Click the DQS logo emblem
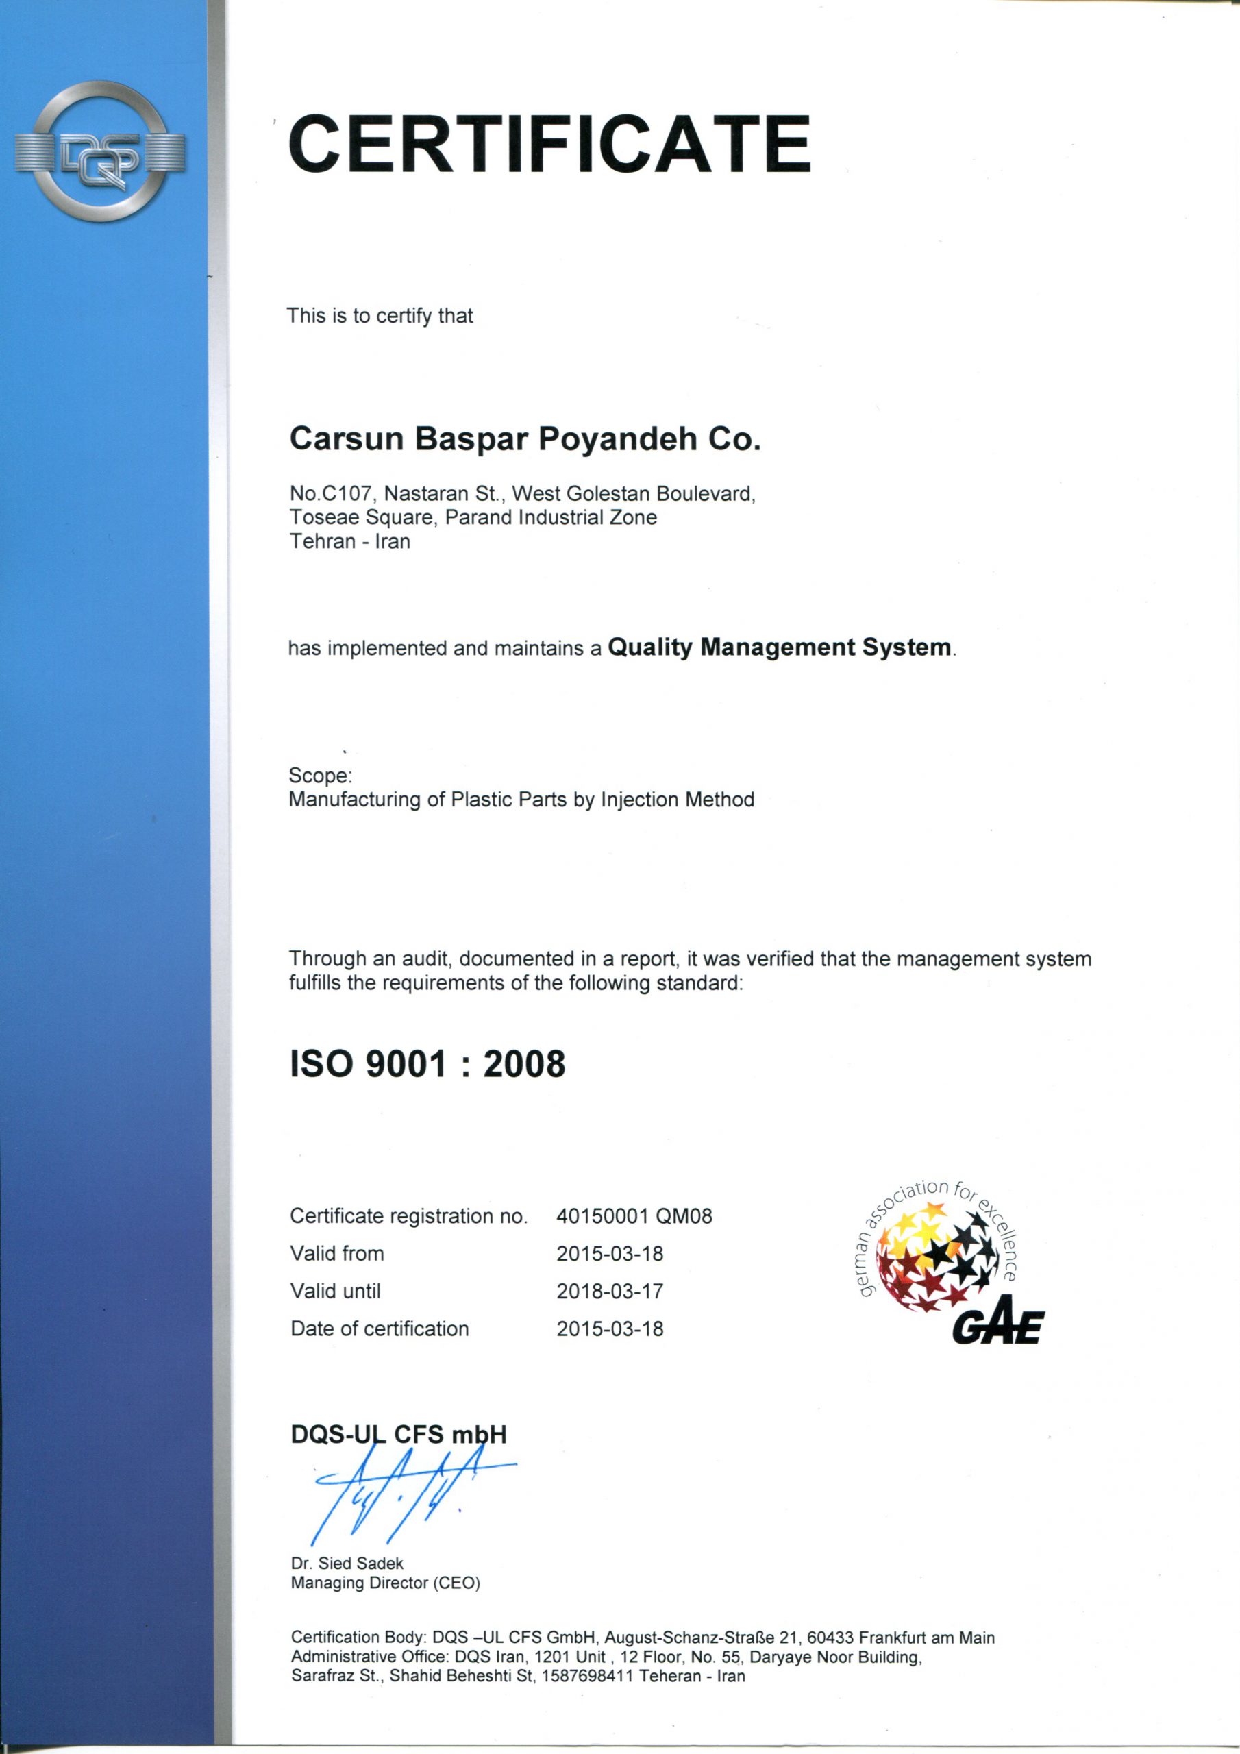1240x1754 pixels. click(100, 151)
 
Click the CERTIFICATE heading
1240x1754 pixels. click(549, 145)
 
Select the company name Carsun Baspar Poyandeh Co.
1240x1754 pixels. click(525, 439)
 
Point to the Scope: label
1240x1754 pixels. click(320, 776)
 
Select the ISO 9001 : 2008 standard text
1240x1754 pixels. click(427, 1063)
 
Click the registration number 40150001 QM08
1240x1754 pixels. click(634, 1216)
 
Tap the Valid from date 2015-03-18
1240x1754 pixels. click(610, 1254)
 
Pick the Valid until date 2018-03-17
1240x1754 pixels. click(610, 1291)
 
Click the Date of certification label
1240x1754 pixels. click(380, 1329)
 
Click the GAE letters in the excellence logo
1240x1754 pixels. click(997, 1327)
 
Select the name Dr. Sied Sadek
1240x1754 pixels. click(347, 1564)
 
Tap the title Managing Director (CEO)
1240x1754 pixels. click(385, 1583)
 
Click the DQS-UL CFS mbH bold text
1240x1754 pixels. click(398, 1435)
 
